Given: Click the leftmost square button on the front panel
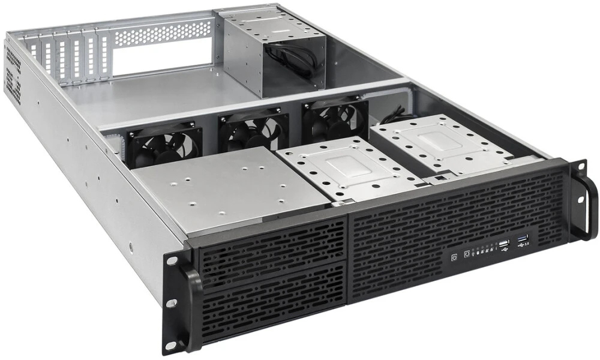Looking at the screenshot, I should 454,257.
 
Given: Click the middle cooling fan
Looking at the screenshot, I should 253,131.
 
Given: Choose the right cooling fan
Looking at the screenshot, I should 334,119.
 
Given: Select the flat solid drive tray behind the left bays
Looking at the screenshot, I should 228,189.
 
